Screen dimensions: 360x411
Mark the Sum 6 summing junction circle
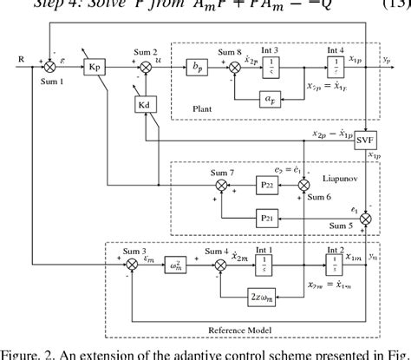(x=303, y=185)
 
